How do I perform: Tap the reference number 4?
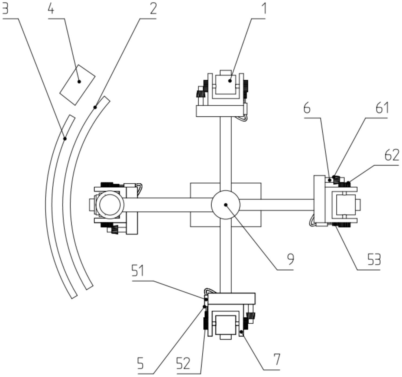point(51,9)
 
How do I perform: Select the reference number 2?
point(153,9)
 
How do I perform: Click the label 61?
point(382,108)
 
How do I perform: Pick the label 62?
point(392,155)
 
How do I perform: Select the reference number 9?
point(290,259)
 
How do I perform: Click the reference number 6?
point(307,108)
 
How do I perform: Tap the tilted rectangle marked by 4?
point(77,84)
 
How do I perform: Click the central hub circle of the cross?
point(226,205)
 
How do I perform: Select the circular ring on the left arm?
point(109,205)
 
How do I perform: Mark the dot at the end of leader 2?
point(95,107)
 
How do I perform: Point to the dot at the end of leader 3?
point(65,139)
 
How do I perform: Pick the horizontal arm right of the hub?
point(276,205)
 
